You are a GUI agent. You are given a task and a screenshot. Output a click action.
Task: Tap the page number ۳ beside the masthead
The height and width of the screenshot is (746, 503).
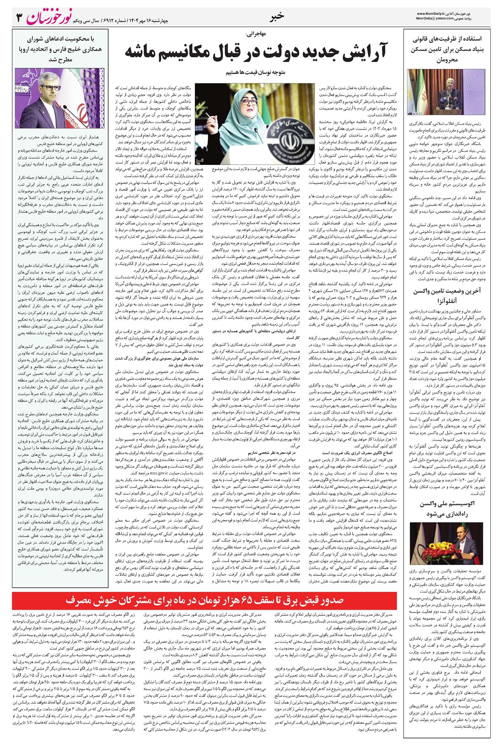(x=19, y=18)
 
